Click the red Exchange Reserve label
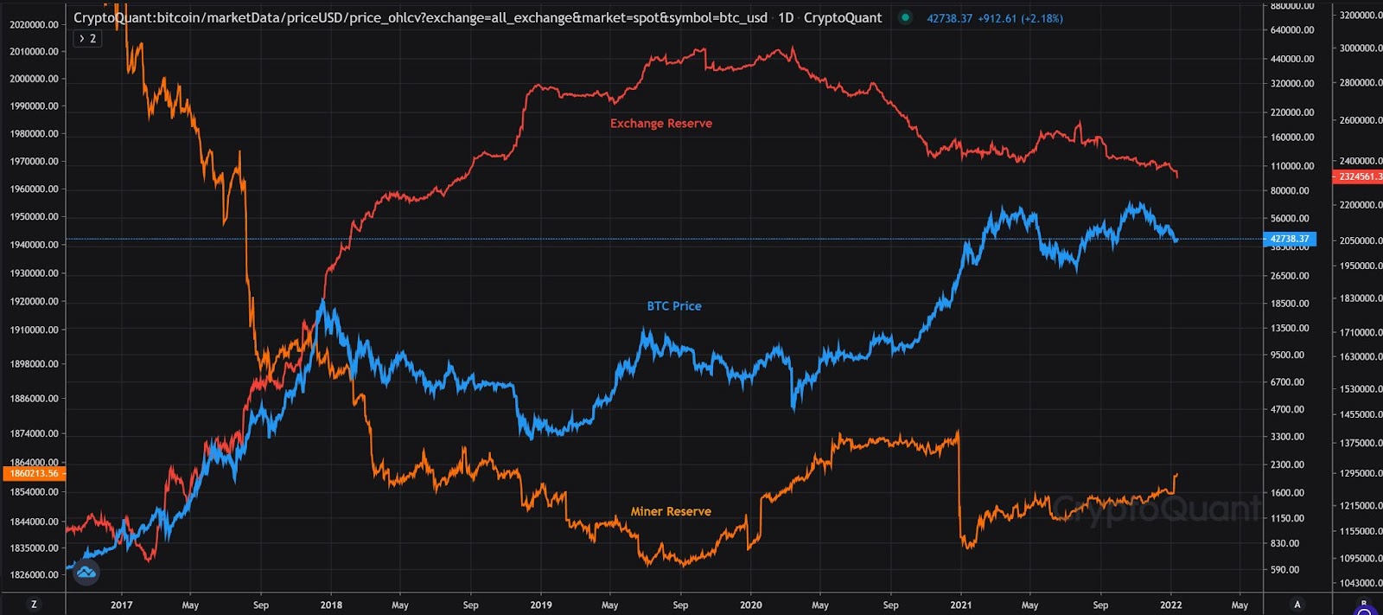click(661, 124)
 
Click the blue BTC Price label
click(674, 306)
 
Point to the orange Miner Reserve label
click(671, 511)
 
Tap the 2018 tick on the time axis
click(331, 605)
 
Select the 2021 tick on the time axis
click(960, 605)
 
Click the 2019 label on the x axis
click(541, 605)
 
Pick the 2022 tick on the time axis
click(1170, 605)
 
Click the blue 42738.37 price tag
click(1290, 239)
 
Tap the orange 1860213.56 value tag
click(35, 473)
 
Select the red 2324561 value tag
click(1359, 176)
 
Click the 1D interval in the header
click(785, 17)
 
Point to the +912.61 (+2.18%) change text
click(1020, 18)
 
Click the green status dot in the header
click(905, 17)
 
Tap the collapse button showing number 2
click(87, 38)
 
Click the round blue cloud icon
click(86, 572)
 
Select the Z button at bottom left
click(34, 605)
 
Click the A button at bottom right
click(1297, 605)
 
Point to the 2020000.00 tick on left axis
click(35, 24)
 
